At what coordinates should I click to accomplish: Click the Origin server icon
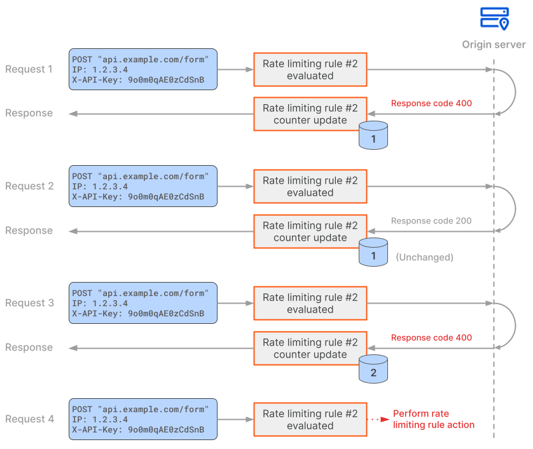tap(494, 18)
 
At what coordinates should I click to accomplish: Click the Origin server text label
tap(494, 44)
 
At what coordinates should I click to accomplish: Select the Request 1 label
tap(29, 69)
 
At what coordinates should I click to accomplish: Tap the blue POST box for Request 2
tap(143, 186)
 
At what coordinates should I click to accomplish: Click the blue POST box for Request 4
tap(143, 419)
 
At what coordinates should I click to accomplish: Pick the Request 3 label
tap(29, 303)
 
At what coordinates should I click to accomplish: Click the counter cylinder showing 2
tap(373, 370)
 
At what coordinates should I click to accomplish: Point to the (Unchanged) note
tap(424, 257)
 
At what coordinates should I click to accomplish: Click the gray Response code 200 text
tap(431, 221)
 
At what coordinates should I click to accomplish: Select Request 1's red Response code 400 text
tap(431, 104)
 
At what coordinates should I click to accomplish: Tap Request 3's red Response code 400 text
tap(431, 338)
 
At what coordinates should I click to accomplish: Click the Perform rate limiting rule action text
tap(433, 419)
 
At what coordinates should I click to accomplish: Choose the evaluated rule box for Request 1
tap(310, 69)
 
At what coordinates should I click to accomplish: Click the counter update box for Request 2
tap(310, 231)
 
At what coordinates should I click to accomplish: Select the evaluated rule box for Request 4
tap(310, 419)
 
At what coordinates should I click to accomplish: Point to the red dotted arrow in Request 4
tap(379, 419)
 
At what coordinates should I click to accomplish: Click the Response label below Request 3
tap(29, 347)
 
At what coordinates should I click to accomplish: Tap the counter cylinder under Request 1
tap(373, 136)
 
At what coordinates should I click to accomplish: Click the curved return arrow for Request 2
tap(514, 209)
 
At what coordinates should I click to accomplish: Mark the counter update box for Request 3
tap(310, 348)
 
